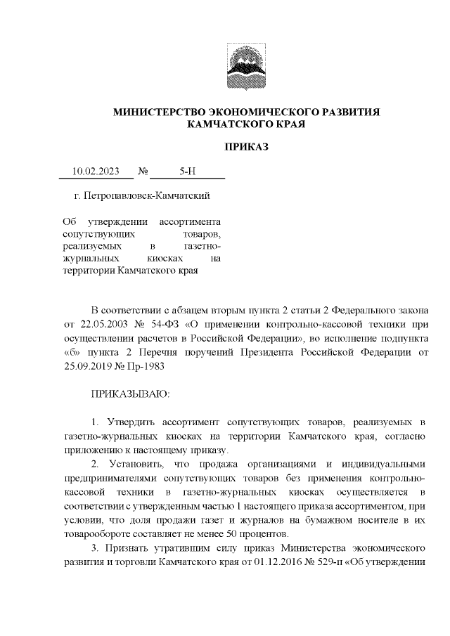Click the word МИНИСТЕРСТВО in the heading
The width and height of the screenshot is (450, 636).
point(156,112)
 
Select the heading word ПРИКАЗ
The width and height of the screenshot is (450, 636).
point(247,146)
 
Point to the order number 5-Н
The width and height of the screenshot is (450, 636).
point(188,171)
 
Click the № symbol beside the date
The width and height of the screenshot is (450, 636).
point(143,171)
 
